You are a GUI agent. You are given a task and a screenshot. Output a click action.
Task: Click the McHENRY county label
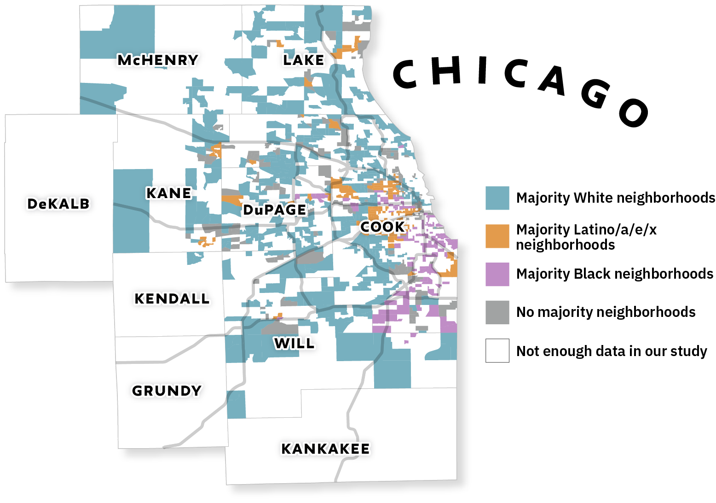[158, 60]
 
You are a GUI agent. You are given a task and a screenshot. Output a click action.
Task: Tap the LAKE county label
[303, 60]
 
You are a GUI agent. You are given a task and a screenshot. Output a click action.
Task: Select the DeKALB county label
[58, 204]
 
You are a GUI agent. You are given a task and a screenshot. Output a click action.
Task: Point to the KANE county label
[168, 193]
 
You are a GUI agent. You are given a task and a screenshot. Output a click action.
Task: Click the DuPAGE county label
[275, 210]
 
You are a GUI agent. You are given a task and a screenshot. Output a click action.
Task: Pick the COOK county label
[382, 227]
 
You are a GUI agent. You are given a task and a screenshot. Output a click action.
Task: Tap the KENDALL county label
[172, 298]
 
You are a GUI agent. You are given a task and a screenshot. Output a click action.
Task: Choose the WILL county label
[294, 343]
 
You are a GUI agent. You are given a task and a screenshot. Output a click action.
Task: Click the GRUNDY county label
[167, 391]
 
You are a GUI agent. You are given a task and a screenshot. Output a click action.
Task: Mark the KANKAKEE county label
[325, 449]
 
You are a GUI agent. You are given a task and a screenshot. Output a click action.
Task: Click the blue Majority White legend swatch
[497, 198]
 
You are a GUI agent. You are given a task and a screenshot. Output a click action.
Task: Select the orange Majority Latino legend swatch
[497, 236]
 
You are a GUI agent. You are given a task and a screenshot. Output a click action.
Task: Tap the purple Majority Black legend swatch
[497, 275]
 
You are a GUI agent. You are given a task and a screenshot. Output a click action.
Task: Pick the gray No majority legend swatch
[497, 312]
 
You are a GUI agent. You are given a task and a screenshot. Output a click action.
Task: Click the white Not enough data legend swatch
[497, 351]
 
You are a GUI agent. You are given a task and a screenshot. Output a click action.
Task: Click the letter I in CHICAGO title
[482, 71]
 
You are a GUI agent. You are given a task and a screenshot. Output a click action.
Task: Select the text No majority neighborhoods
[606, 312]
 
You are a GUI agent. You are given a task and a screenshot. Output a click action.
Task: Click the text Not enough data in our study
[612, 351]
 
